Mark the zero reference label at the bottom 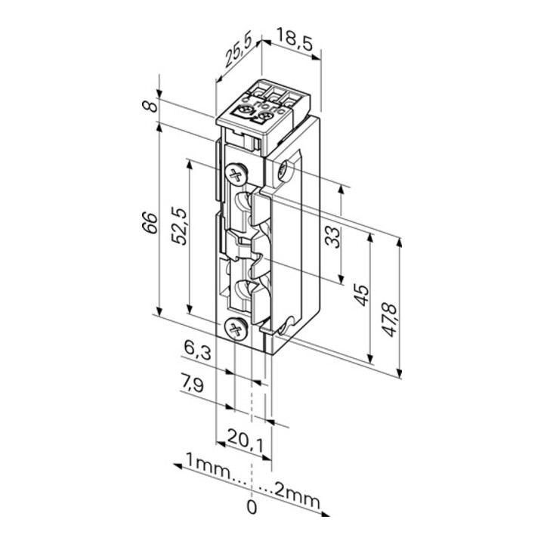252,506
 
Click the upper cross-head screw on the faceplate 236,175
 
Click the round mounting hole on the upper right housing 286,171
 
